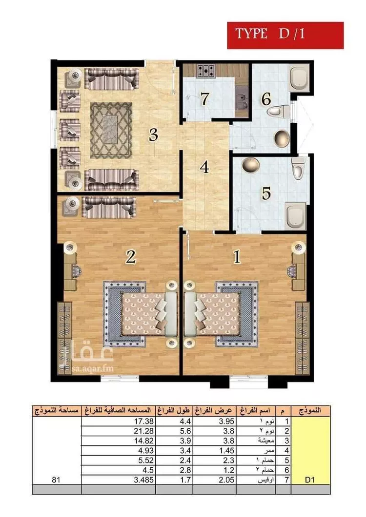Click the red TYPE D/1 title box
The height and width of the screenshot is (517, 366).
(x=285, y=35)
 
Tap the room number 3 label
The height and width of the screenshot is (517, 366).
(x=153, y=134)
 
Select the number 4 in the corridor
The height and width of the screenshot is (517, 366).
(x=204, y=167)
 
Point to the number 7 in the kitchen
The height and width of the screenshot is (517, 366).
(x=205, y=98)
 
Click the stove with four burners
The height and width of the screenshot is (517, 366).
(x=206, y=71)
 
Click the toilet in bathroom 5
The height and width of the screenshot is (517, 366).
(x=298, y=168)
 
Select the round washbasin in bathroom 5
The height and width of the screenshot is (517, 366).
(x=251, y=164)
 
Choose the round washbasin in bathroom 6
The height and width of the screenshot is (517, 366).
(x=282, y=138)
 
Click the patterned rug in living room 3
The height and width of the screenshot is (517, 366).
(x=111, y=130)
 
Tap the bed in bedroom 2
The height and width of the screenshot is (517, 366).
(x=140, y=314)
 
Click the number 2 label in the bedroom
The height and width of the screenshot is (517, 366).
(x=130, y=256)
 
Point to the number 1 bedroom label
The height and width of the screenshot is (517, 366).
(x=237, y=257)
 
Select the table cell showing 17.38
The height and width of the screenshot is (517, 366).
(x=119, y=421)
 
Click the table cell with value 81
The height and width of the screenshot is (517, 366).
(x=57, y=480)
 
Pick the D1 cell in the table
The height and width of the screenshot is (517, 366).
(x=310, y=480)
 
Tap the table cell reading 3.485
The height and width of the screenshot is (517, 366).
(x=119, y=480)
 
